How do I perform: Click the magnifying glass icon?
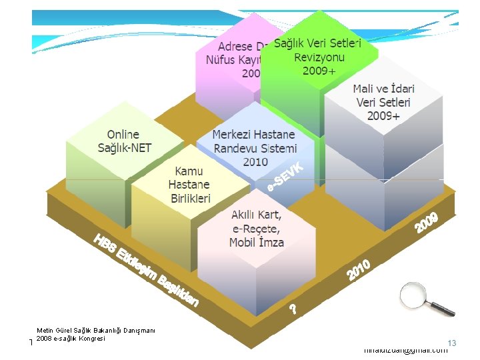pos(424,298)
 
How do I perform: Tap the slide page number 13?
pos(451,343)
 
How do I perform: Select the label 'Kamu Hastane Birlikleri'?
pos(189,185)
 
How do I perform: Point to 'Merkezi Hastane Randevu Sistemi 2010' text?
pos(255,148)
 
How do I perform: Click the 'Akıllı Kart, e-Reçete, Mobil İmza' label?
pos(257,229)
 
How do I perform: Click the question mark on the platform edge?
pos(293,309)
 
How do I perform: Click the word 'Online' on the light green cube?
pos(123,135)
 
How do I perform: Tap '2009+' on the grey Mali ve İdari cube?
pos(383,116)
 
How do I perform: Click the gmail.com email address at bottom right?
pos(406,350)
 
